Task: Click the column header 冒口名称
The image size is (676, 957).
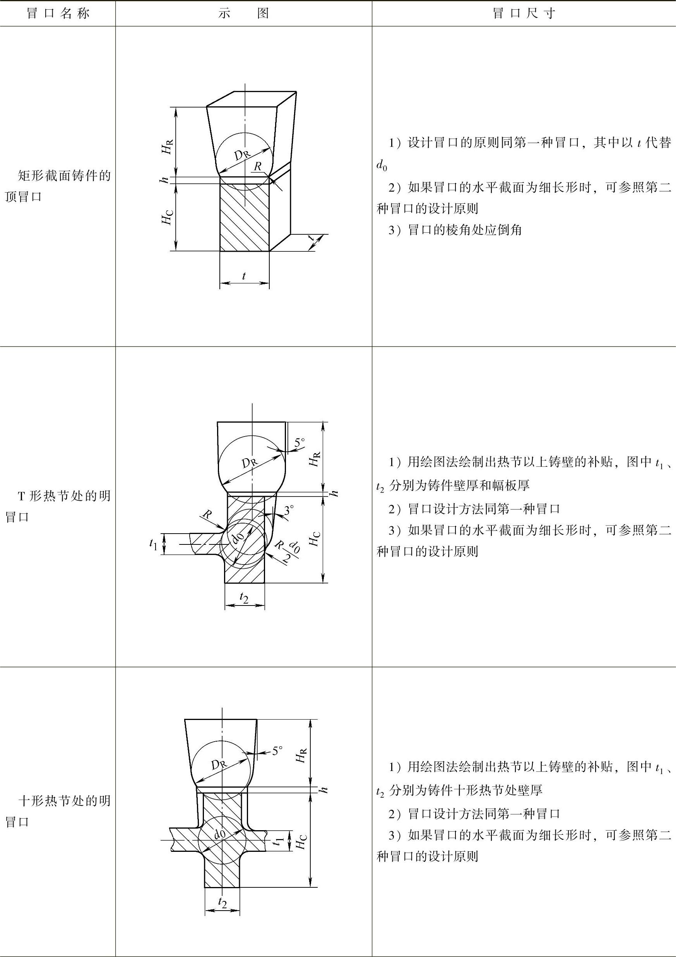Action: coord(58,14)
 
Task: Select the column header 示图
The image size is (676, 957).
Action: coord(243,14)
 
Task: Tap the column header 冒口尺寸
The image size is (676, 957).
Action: coord(524,14)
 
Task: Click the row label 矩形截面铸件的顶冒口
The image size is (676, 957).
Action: coord(58,186)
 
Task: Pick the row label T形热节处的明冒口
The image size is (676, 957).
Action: coord(58,506)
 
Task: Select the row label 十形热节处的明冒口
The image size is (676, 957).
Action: coord(58,811)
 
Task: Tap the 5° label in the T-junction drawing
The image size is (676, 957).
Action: coord(299,443)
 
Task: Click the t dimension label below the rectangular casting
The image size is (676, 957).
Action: coord(244,276)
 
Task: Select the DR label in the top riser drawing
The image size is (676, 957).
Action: coord(242,155)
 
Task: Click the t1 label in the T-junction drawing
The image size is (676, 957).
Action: coord(154,544)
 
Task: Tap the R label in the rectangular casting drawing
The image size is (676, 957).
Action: coord(258,166)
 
